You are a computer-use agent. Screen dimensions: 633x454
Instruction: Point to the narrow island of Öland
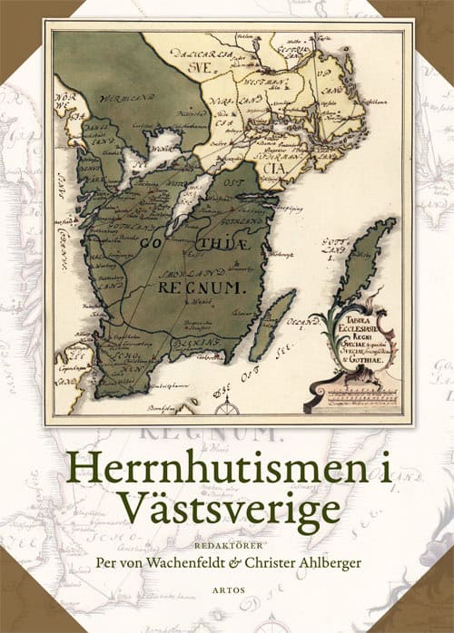point(271,322)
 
